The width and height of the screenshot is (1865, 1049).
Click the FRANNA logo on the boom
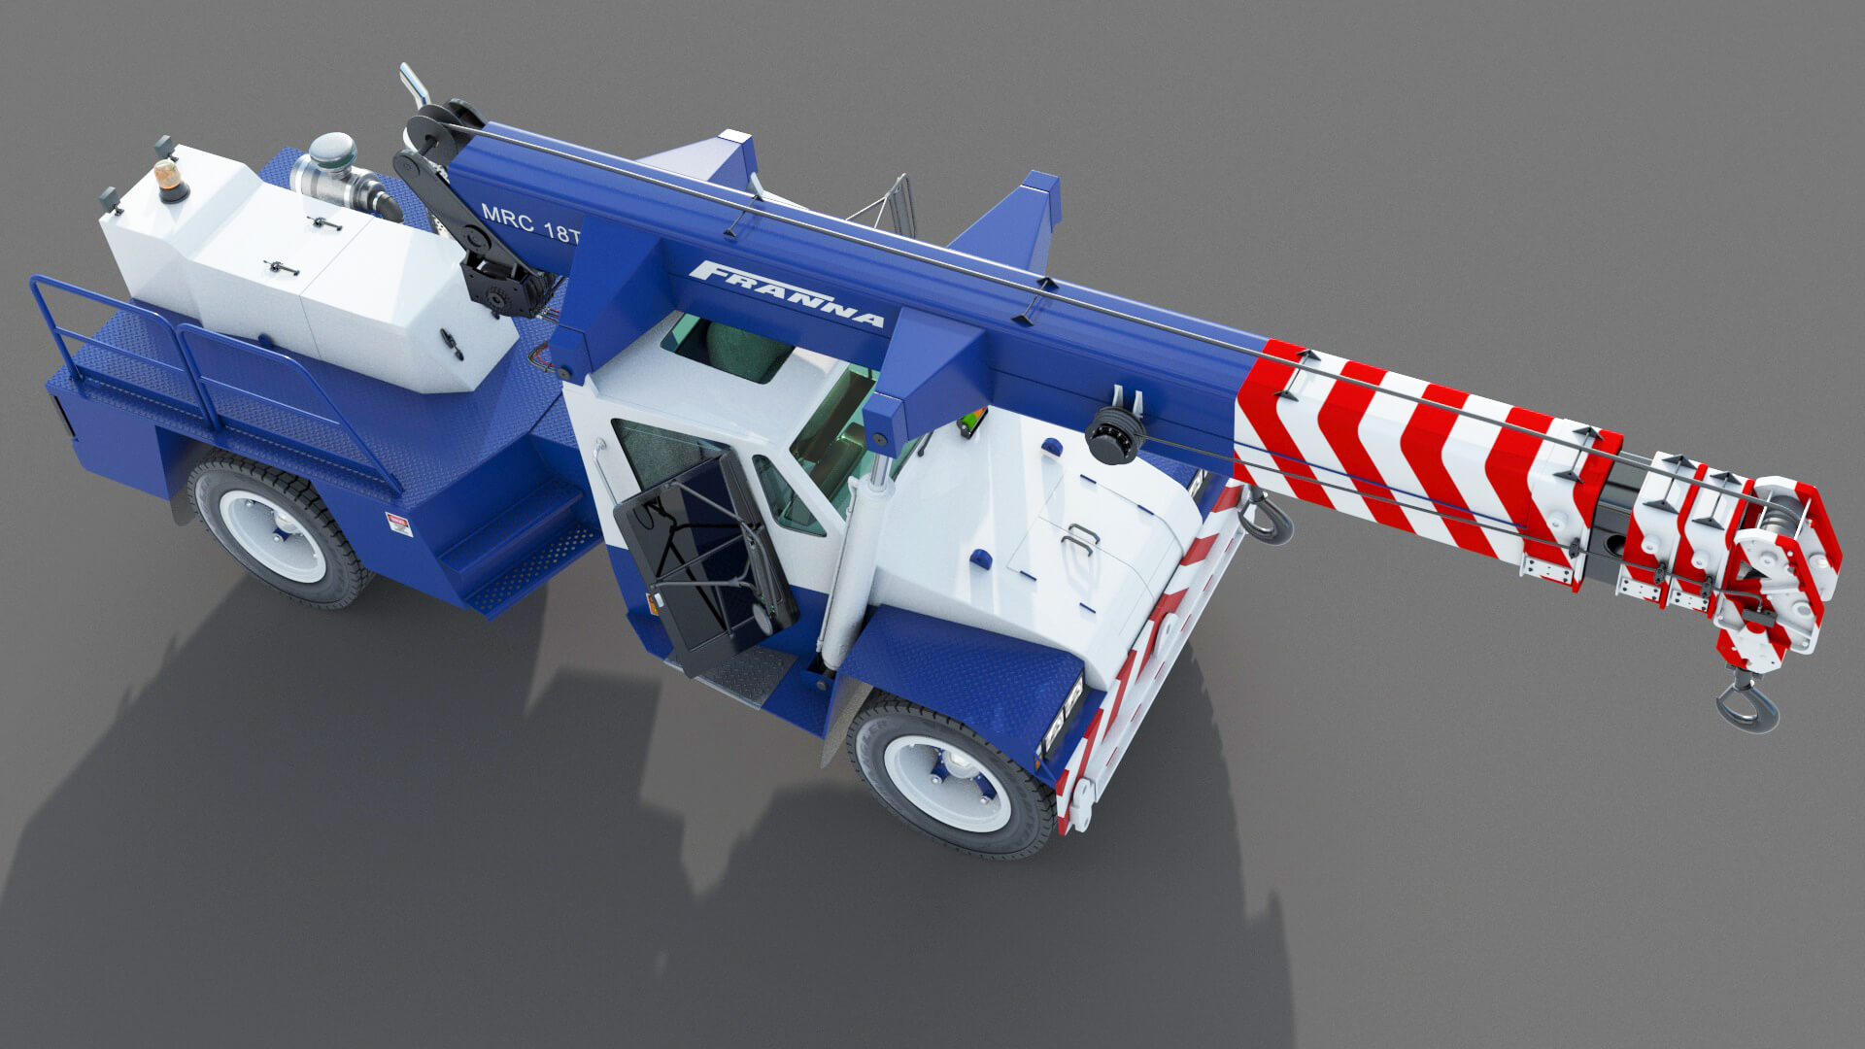tap(788, 295)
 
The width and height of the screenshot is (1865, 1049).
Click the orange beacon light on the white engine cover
tap(172, 182)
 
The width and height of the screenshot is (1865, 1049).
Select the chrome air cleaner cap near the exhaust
tap(331, 152)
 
